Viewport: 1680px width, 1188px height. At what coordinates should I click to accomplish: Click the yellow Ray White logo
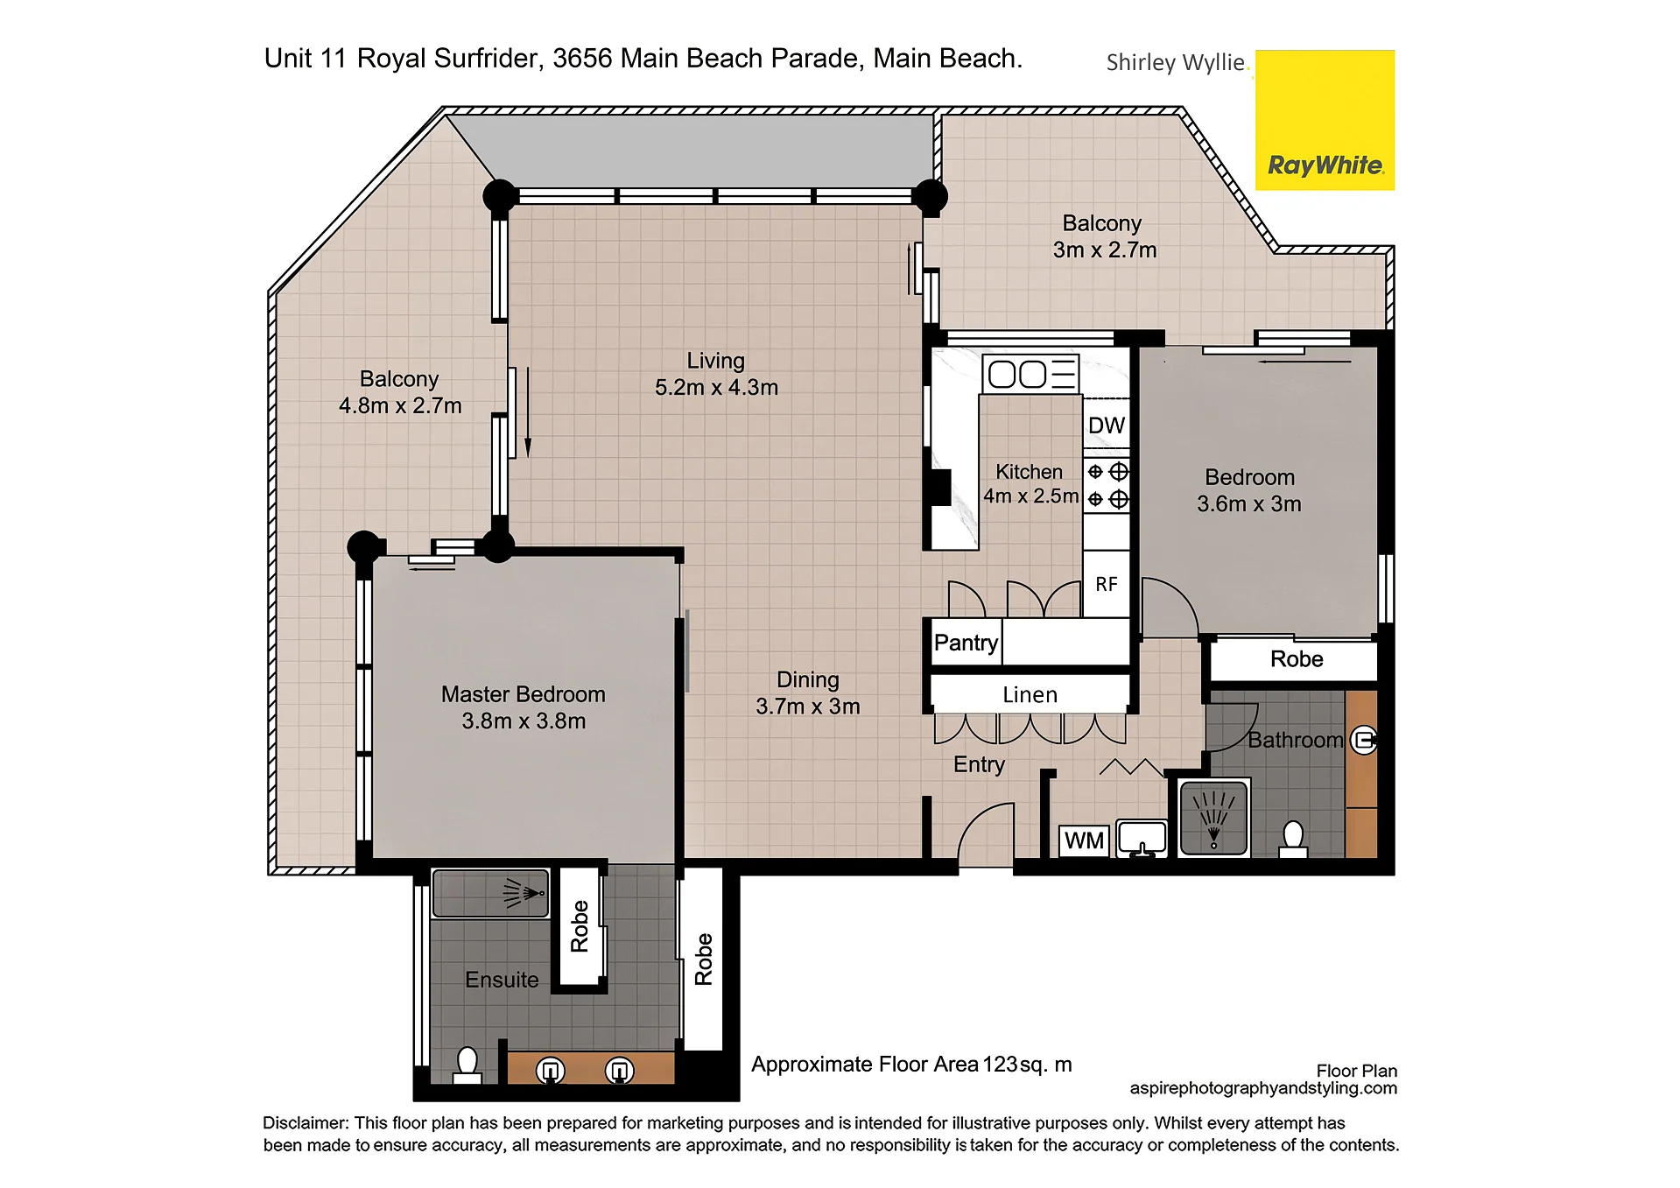tap(1325, 120)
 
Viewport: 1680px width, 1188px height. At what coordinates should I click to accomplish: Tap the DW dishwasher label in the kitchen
tap(1106, 425)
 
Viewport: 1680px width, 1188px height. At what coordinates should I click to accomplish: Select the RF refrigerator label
tap(1106, 584)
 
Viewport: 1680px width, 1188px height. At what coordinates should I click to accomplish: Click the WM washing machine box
tap(1084, 840)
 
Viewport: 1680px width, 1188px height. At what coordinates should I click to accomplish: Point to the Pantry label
tap(966, 643)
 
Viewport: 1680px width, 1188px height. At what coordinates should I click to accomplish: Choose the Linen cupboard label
tap(1030, 695)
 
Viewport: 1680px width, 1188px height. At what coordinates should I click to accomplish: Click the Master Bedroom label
tap(524, 694)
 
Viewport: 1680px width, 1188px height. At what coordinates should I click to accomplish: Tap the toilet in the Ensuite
tap(467, 1065)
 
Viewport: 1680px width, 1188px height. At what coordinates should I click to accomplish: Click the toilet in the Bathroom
tap(1293, 839)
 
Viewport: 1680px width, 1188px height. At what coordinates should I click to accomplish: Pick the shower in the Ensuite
tap(490, 893)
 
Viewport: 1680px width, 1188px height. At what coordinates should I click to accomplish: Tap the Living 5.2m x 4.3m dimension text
tap(716, 388)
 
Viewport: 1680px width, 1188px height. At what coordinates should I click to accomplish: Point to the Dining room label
tap(807, 680)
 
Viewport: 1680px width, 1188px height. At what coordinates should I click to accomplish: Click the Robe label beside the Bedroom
tap(1297, 659)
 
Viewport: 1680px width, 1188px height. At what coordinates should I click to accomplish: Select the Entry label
tap(979, 765)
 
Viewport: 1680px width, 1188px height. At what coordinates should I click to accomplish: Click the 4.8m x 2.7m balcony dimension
tap(400, 406)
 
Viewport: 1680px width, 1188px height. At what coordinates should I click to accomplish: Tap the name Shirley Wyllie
tap(1175, 62)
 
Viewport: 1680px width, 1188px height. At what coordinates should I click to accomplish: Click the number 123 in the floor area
tap(1000, 1065)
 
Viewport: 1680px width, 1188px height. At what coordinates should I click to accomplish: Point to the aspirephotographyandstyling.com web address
tap(1263, 1088)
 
